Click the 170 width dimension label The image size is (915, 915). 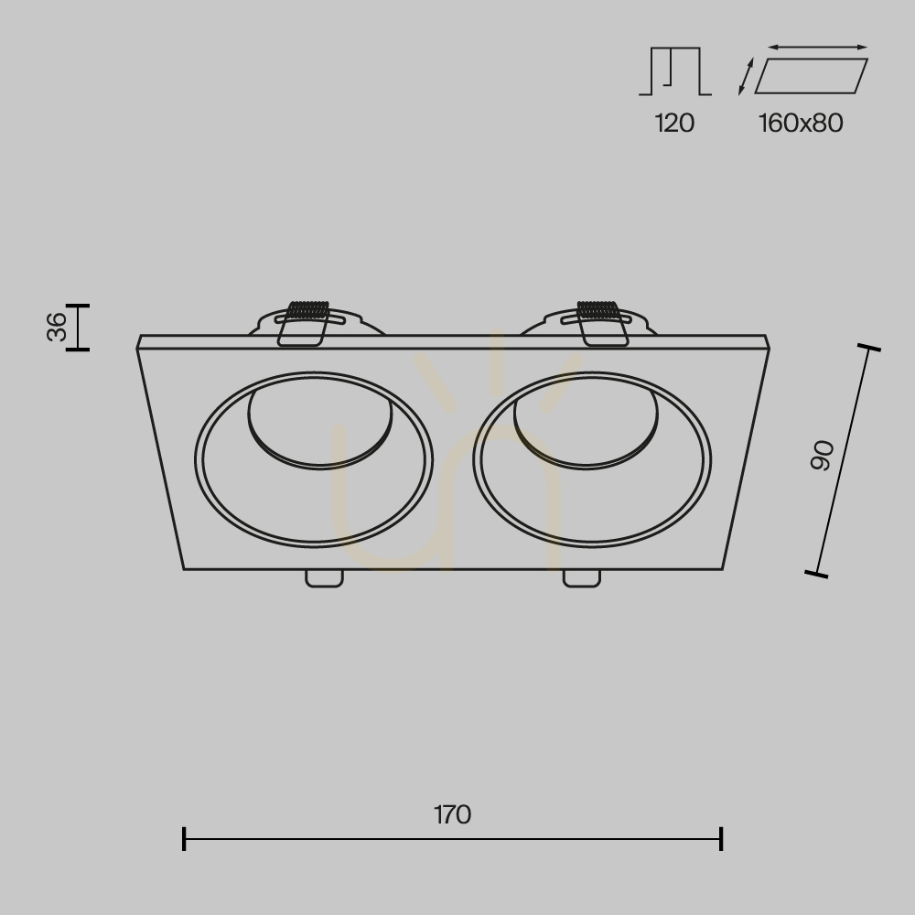(452, 814)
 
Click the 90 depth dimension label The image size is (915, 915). (823, 456)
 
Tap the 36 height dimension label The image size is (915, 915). (57, 327)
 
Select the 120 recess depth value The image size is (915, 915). (674, 124)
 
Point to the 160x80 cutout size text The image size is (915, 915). (801, 124)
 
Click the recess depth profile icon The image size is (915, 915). (675, 71)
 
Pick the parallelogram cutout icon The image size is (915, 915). (811, 76)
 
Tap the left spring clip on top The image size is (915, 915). (304, 323)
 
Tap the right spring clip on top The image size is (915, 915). (601, 323)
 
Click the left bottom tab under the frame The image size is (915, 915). (325, 577)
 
